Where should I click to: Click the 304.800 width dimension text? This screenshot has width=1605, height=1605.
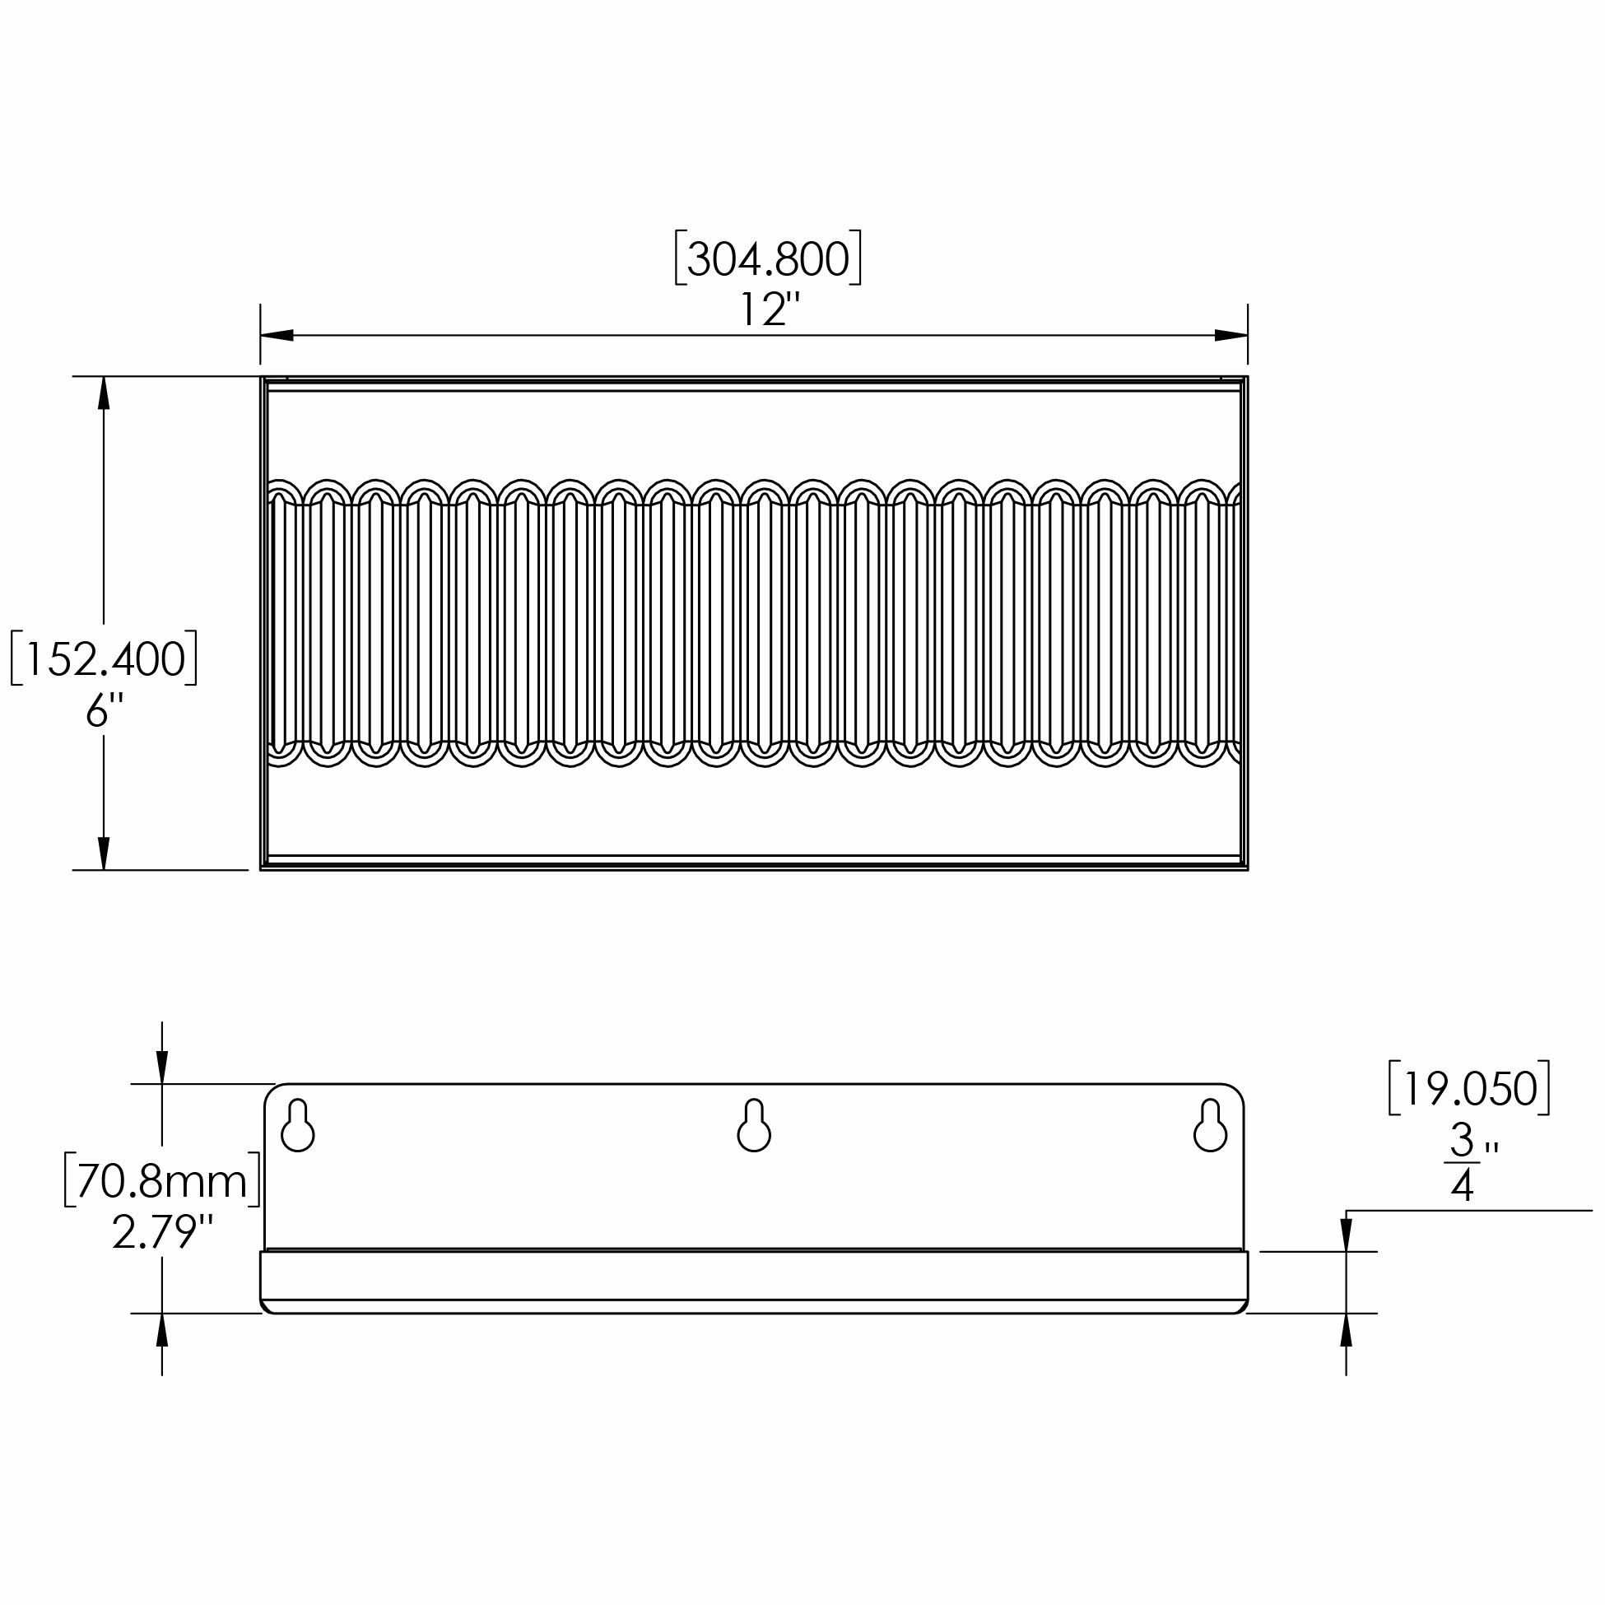pos(768,258)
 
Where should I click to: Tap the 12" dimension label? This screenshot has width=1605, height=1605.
pos(769,309)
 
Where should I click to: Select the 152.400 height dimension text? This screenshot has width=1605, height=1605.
pos(104,658)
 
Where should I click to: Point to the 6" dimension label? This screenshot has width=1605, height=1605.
pos(104,710)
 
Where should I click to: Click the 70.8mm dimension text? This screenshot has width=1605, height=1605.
pos(162,1180)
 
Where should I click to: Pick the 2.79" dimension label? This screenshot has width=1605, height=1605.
pos(163,1232)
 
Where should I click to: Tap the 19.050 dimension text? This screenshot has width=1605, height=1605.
pos(1468,1087)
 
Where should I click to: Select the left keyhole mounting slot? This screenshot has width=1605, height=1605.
pos(297,1125)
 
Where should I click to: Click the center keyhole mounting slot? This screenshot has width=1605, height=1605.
pos(753,1125)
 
